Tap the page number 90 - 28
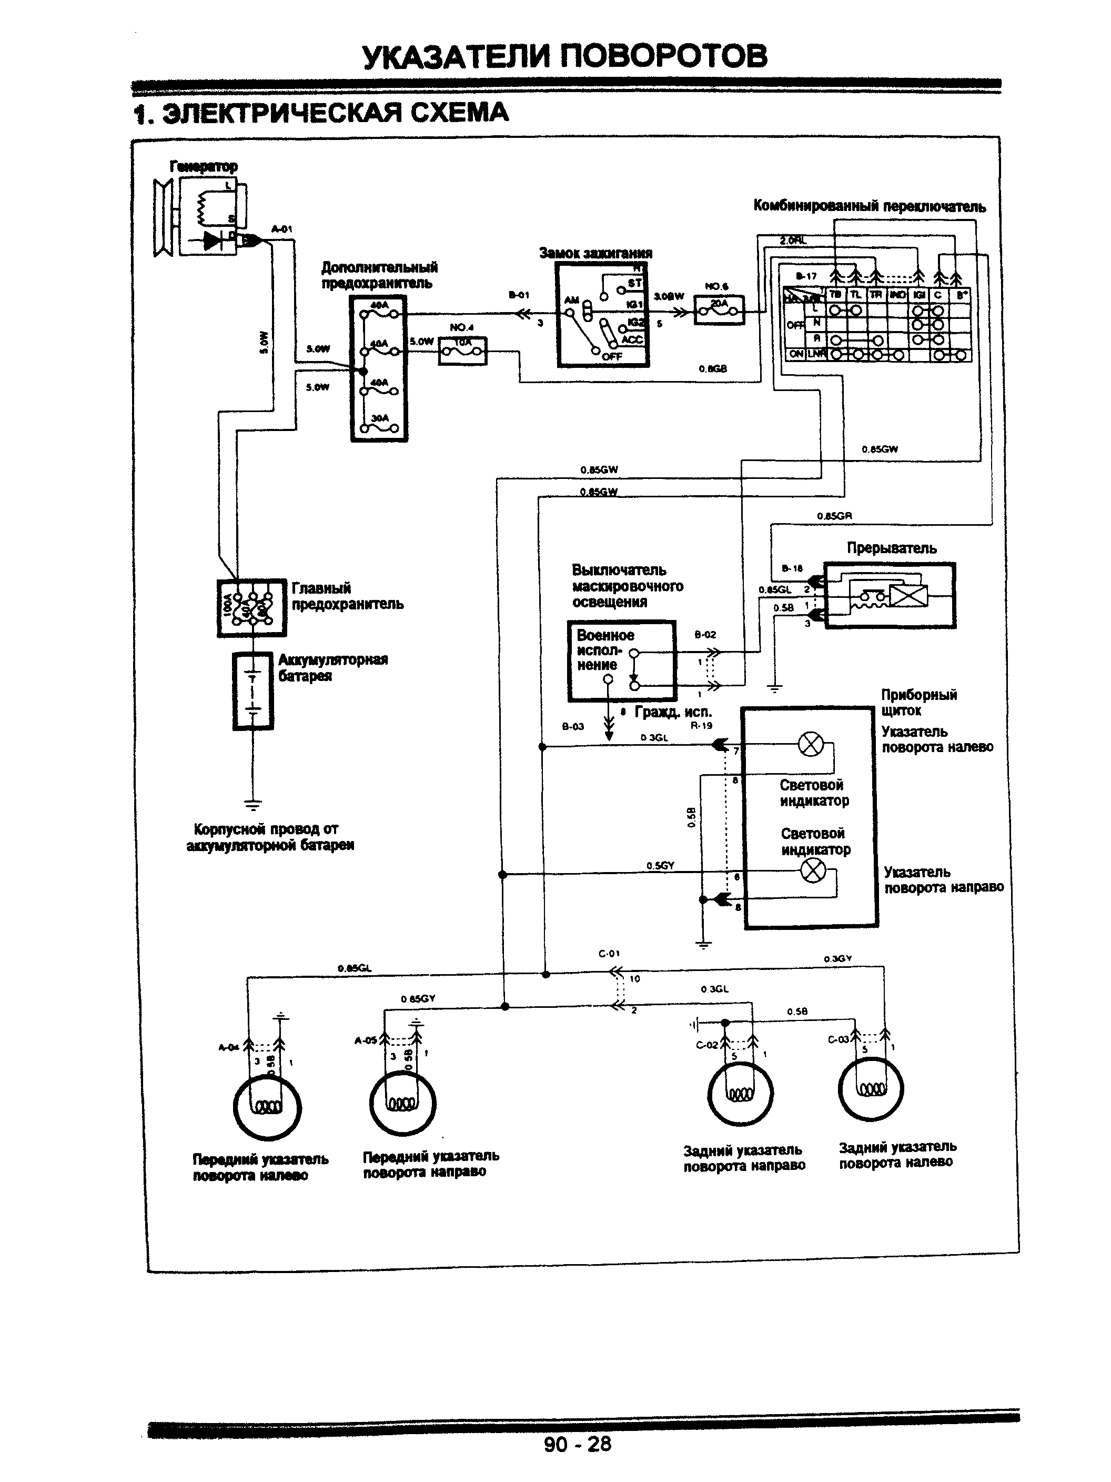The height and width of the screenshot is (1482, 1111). [x=577, y=1444]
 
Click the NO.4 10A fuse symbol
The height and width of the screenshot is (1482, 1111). [x=462, y=350]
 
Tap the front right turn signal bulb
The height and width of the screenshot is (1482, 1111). [x=402, y=1103]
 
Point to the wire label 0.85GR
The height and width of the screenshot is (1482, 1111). [x=834, y=516]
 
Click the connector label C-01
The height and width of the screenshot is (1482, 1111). [x=609, y=954]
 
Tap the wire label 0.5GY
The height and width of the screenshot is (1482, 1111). [x=660, y=865]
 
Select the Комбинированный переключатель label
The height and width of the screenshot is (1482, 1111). [x=869, y=206]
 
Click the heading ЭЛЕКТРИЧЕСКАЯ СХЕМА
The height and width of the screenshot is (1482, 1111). [x=321, y=113]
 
